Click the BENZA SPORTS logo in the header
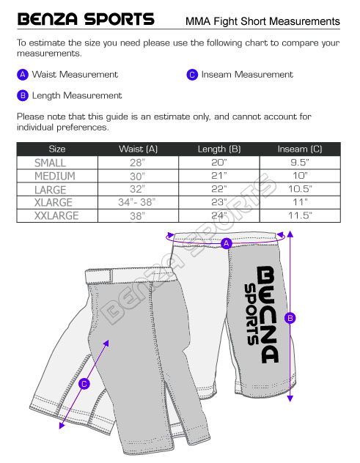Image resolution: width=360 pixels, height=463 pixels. click(x=86, y=19)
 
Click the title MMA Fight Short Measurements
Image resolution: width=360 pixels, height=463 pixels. click(x=262, y=21)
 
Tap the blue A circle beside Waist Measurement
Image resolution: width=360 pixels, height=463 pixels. click(x=23, y=75)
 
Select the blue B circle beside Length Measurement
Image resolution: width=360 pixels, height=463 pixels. click(x=23, y=96)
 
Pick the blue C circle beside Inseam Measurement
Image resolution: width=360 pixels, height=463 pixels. click(x=192, y=75)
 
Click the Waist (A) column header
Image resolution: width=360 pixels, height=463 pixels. click(x=138, y=149)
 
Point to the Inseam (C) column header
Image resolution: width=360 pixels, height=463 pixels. click(x=300, y=149)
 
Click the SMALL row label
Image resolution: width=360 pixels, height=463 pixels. click(x=50, y=163)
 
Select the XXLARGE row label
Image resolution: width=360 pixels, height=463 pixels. click(x=56, y=216)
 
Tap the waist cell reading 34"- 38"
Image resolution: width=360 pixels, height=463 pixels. click(x=136, y=202)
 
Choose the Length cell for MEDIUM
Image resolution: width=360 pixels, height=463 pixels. click(x=219, y=176)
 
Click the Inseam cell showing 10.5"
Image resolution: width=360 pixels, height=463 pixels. click(x=300, y=189)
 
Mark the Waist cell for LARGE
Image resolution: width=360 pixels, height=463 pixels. click(x=138, y=189)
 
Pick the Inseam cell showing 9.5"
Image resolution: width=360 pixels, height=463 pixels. click(x=300, y=163)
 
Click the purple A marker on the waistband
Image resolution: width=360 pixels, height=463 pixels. click(x=227, y=243)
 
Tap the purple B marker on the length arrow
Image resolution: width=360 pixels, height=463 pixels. click(x=290, y=318)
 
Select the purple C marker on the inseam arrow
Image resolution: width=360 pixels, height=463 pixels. click(x=84, y=384)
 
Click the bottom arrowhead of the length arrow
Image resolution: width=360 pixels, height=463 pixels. click(x=290, y=399)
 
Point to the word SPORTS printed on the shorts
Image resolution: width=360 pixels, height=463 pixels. click(x=251, y=314)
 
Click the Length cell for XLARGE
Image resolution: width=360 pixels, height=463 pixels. click(x=219, y=202)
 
